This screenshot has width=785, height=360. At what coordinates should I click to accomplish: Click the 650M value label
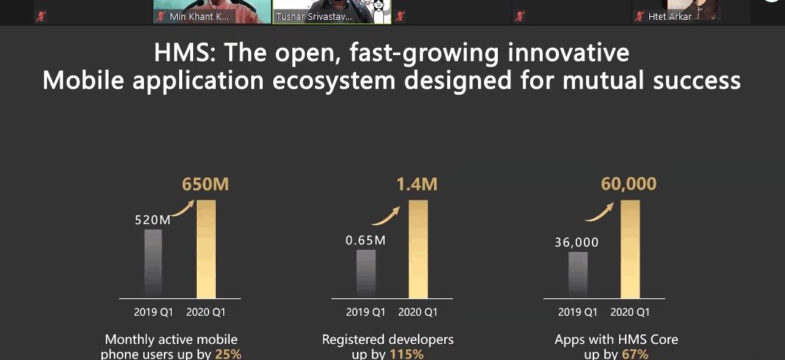(x=206, y=184)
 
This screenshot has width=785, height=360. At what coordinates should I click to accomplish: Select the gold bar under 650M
(x=206, y=250)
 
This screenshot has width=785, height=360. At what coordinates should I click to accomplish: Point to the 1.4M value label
(x=417, y=184)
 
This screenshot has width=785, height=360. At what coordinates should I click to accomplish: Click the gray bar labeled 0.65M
(x=366, y=274)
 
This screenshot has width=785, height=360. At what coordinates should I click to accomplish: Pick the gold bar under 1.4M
(x=418, y=250)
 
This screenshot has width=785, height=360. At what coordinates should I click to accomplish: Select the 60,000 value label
(x=629, y=184)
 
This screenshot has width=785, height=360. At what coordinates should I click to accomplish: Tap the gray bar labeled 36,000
(x=578, y=275)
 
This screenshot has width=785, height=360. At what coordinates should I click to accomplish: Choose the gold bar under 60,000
(x=629, y=250)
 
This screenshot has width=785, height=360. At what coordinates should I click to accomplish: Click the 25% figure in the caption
(x=228, y=354)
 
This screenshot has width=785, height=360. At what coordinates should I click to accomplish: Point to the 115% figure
(x=406, y=354)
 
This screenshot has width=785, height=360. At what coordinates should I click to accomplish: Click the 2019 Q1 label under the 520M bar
(x=153, y=312)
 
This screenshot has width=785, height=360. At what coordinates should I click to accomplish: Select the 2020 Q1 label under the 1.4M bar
(x=418, y=312)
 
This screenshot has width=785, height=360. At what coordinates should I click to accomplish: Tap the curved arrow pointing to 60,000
(x=598, y=212)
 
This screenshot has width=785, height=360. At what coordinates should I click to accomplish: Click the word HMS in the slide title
(x=185, y=54)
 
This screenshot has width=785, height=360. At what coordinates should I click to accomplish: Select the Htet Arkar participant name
(x=670, y=16)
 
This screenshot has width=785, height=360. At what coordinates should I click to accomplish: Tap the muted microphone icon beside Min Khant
(x=161, y=16)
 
